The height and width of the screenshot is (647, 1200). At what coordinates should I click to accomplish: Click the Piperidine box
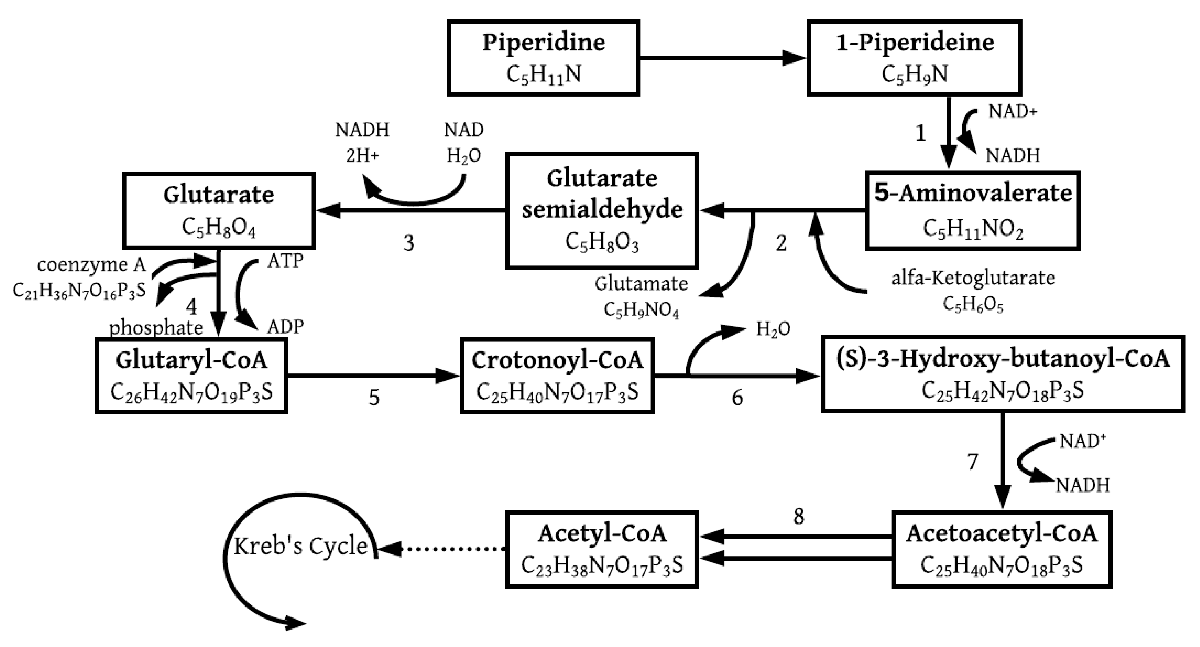click(543, 58)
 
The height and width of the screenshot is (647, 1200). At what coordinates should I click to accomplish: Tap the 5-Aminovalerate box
click(973, 211)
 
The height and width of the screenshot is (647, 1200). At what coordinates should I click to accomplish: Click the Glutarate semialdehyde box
click(601, 211)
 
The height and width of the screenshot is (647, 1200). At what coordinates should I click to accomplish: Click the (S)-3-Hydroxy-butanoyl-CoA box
click(1003, 374)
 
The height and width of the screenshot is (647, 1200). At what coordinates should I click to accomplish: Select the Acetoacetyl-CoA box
click(1001, 550)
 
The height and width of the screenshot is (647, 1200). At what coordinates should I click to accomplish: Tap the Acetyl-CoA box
click(601, 550)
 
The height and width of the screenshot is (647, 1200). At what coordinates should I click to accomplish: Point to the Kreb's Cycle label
click(301, 546)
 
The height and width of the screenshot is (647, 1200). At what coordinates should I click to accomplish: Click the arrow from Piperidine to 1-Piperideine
click(722, 58)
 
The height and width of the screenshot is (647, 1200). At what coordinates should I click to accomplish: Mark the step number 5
click(374, 398)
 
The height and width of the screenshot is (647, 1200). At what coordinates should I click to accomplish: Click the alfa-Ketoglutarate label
click(973, 278)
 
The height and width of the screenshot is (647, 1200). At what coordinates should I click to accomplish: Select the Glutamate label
click(641, 283)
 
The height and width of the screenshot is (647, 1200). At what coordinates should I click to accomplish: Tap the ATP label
click(285, 261)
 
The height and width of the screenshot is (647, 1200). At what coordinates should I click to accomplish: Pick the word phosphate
click(156, 328)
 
